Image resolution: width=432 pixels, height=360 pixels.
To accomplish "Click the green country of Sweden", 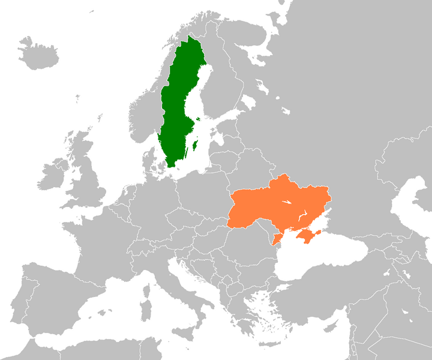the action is coord(177,108).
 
